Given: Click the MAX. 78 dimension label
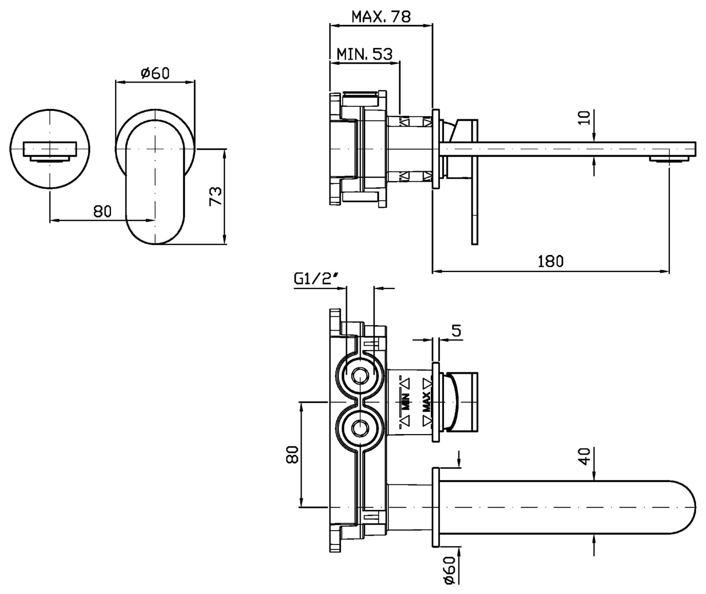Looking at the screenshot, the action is point(381,16).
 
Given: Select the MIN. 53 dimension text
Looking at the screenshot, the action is point(365,54).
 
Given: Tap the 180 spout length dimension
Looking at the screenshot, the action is point(551,261).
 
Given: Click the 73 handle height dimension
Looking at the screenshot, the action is point(216,196).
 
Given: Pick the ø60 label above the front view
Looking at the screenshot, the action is point(155,73).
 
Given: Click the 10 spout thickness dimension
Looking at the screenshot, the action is point(584,118).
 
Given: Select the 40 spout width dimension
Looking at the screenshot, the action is point(584,456).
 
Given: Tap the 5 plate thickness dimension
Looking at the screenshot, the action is point(456,331).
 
